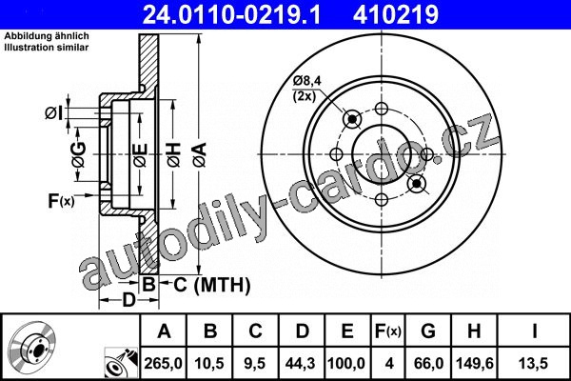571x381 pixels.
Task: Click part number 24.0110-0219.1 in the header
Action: (231, 15)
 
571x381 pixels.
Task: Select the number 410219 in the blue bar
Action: (396, 15)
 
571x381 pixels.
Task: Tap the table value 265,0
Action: (163, 363)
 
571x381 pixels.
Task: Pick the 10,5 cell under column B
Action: (209, 363)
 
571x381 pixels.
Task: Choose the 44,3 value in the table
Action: (301, 363)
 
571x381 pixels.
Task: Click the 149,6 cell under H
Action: (475, 363)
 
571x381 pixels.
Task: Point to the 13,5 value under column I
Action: (534, 363)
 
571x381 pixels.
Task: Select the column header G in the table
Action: (428, 331)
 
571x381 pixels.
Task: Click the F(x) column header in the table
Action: (388, 331)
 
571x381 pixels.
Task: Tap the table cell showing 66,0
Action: (428, 363)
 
